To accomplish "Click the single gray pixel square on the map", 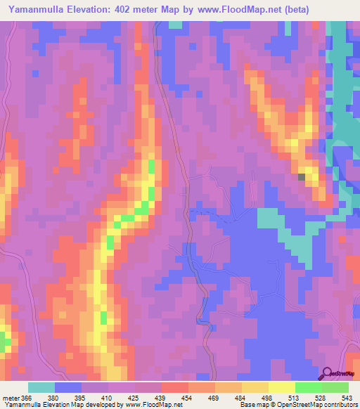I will (x=302, y=177).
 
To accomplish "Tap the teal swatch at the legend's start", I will (x=41, y=387).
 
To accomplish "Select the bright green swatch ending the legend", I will (x=335, y=387).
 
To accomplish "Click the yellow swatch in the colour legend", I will (x=281, y=387).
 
